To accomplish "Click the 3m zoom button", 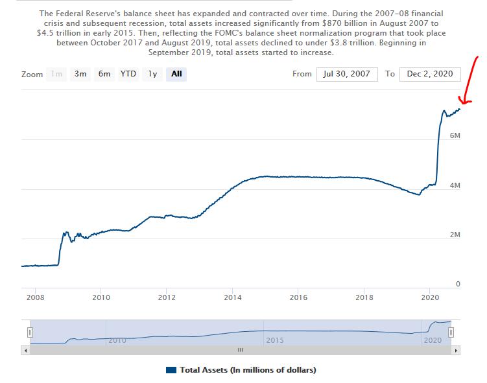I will tap(80, 74).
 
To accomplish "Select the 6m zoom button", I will tap(104, 74).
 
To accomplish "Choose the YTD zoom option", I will tap(128, 74).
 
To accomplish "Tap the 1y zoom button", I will tap(152, 74).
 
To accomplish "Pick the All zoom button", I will tap(176, 74).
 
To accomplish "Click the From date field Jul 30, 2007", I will tap(347, 74).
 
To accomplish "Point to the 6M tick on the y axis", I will tap(455, 136).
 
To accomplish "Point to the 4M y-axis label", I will tap(455, 185).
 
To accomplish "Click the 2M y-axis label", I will tap(455, 235).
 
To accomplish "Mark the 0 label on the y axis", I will tap(457, 284).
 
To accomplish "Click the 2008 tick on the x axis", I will tap(35, 297).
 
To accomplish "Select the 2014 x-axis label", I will tap(233, 297).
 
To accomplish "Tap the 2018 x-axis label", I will tap(364, 297).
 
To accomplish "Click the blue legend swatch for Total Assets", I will tap(171, 370).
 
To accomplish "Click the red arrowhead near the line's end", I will tap(463, 101).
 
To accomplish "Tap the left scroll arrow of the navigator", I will tap(27, 351).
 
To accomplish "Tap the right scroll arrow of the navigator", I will tap(456, 351).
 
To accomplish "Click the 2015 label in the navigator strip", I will tap(274, 340).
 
